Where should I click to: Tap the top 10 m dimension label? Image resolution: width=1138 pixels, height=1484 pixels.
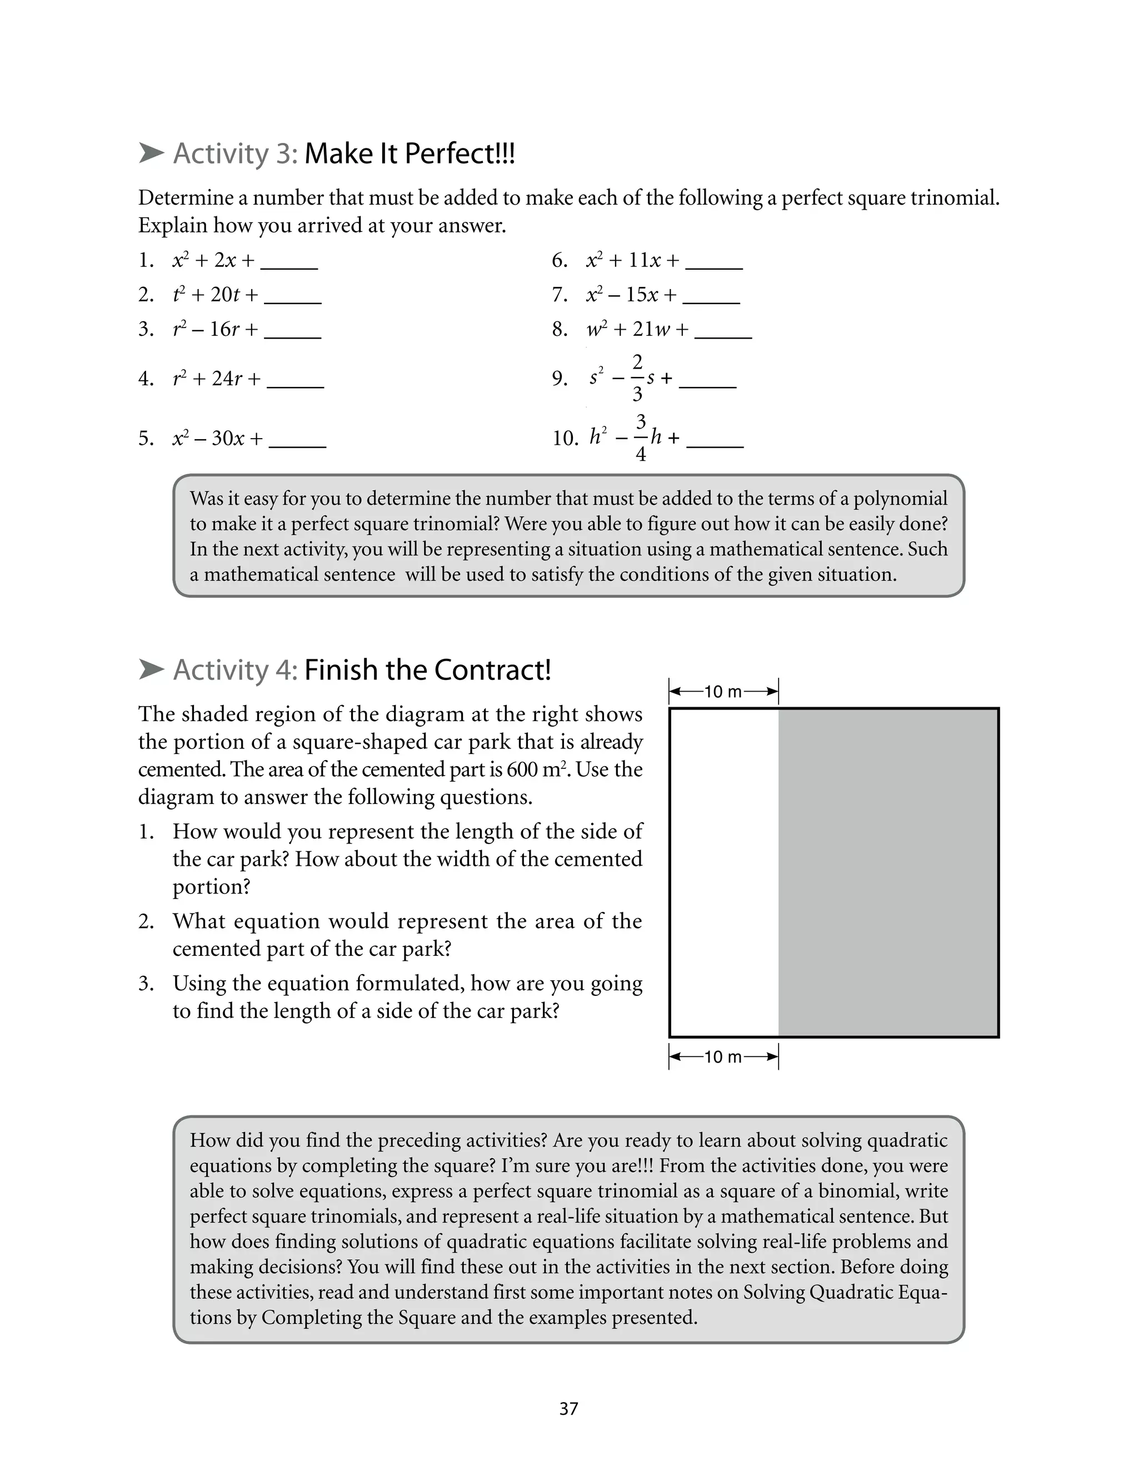723,692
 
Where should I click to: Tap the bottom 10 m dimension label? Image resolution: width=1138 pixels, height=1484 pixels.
723,1056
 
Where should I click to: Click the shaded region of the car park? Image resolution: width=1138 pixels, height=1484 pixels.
887,872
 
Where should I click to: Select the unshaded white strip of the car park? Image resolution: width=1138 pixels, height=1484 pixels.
724,872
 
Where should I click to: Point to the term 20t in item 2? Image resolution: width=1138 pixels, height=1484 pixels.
225,295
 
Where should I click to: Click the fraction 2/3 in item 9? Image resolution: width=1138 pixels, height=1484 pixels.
637,378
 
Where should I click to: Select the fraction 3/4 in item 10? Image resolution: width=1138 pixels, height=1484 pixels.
640,437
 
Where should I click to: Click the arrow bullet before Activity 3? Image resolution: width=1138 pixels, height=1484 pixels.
151,153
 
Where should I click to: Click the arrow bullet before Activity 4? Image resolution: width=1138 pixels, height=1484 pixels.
151,669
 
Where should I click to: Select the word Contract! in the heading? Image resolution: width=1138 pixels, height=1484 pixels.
492,670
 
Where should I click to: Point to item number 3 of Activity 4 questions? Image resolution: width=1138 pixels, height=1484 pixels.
146,983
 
